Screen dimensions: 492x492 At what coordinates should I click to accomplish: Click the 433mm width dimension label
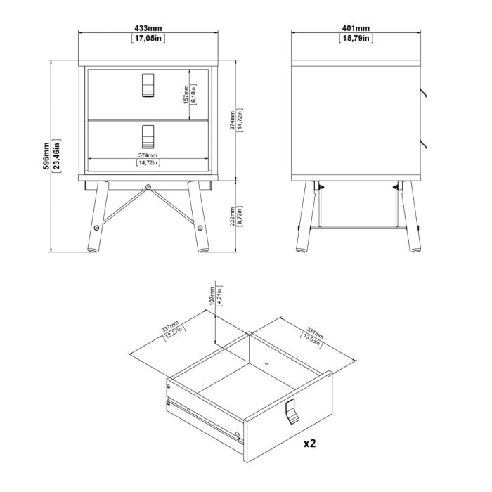point(148,28)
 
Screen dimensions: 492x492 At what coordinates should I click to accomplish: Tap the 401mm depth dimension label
point(356,28)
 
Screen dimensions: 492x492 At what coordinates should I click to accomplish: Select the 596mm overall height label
point(46,156)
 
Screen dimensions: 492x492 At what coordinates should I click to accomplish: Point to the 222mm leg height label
point(233,216)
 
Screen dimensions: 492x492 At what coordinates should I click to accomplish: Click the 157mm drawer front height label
point(186,94)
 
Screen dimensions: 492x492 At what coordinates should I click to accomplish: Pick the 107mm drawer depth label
point(212,296)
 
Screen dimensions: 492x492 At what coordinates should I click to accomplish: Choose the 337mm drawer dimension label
point(170,326)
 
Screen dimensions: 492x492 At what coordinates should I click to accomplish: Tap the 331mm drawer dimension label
point(315,334)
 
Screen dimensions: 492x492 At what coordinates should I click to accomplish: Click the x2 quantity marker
point(309,443)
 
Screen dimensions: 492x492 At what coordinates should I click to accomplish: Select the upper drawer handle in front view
point(148,85)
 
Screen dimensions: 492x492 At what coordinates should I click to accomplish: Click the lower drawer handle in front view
point(148,136)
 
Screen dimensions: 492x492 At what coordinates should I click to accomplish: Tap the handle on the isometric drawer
point(292,411)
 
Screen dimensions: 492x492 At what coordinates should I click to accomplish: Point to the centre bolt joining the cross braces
point(148,187)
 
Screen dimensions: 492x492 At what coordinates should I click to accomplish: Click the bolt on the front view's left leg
point(96,228)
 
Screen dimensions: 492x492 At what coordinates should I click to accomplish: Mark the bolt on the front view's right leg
point(200,228)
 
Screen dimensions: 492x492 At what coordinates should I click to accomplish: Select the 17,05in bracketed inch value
point(148,38)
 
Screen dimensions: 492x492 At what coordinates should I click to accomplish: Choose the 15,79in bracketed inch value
point(356,38)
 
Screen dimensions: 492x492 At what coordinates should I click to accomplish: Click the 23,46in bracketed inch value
point(56,156)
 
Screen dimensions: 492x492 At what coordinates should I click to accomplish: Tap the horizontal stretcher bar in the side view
point(358,228)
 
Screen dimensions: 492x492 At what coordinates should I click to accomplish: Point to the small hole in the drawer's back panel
point(266,364)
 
